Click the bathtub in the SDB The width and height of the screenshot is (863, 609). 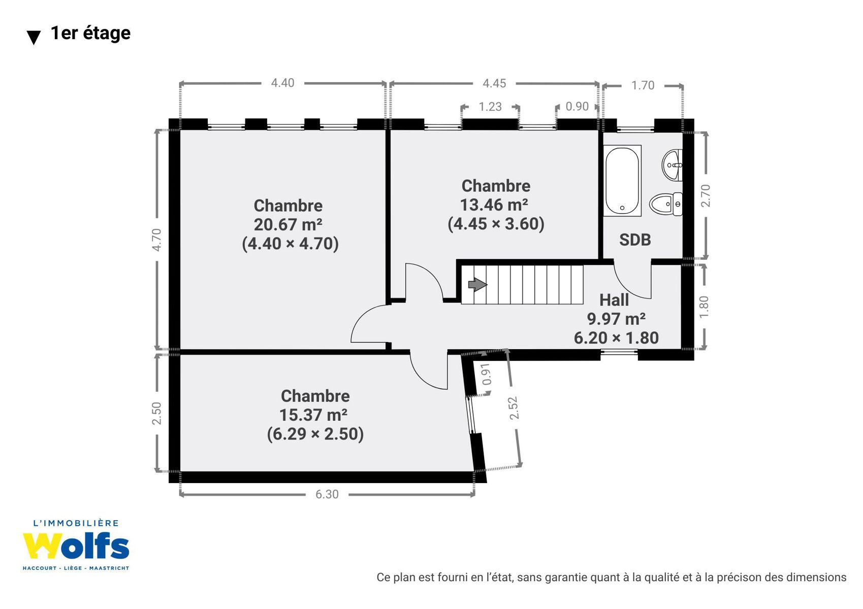click(622, 181)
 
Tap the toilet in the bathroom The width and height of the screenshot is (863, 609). click(666, 204)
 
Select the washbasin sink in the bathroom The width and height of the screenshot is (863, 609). click(673, 165)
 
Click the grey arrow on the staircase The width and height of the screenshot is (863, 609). click(478, 285)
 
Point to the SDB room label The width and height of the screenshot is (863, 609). click(635, 240)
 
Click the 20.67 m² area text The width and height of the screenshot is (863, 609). click(288, 224)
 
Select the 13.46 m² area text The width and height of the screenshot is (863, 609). click(494, 205)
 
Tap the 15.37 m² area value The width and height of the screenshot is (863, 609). click(313, 415)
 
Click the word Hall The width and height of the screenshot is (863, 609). click(614, 300)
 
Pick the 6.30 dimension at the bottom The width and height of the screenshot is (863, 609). click(327, 494)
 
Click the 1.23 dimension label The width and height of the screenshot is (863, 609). click(490, 107)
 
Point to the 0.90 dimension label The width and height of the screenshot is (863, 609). click(577, 106)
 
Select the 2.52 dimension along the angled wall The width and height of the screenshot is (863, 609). click(514, 408)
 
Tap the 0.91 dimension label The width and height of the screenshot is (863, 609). click(487, 374)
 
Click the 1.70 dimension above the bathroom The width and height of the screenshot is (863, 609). click(643, 85)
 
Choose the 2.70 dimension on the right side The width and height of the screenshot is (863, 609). click(706, 195)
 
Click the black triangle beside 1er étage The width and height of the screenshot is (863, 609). click(34, 38)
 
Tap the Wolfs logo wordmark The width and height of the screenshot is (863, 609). click(76, 546)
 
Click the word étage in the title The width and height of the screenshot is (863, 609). click(107, 33)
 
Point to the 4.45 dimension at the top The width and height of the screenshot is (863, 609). click(494, 83)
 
